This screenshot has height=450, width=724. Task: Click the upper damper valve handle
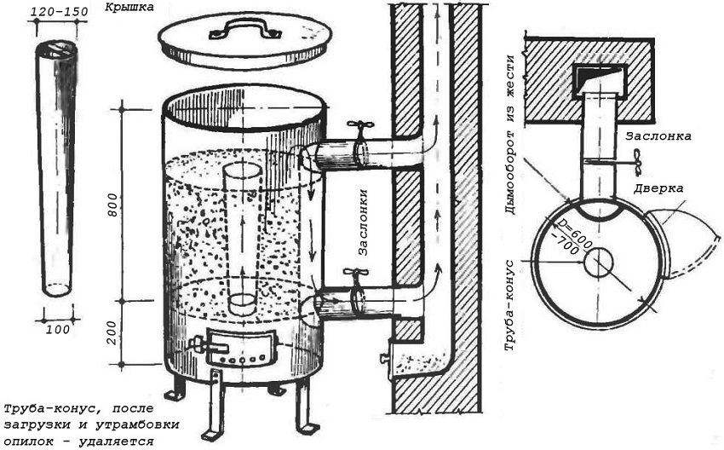pyautogui.click(x=361, y=128)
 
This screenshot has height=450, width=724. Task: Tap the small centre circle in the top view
pyautogui.click(x=599, y=262)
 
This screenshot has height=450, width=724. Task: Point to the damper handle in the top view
pyautogui.click(x=637, y=159)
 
